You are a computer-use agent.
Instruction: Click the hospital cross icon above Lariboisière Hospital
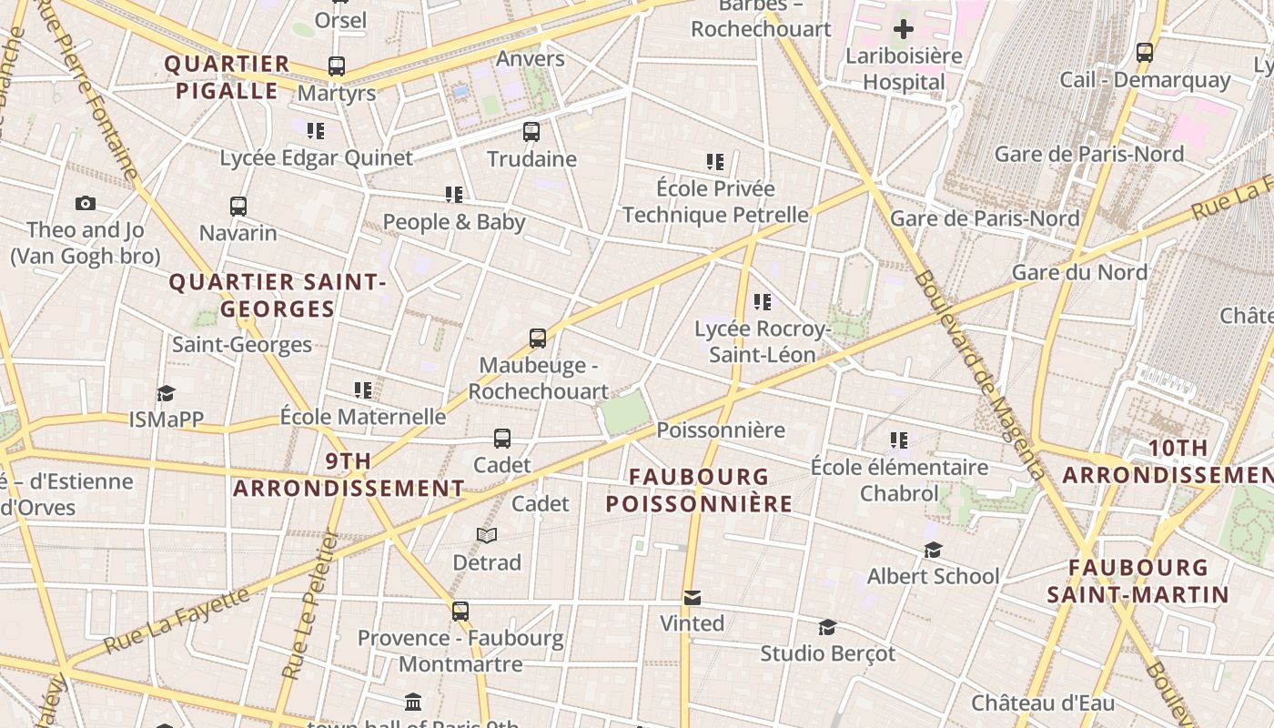(903, 29)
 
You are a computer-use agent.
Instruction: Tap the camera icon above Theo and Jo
(86, 203)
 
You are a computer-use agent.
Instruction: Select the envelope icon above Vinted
(693, 598)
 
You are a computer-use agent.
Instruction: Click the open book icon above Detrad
(487, 535)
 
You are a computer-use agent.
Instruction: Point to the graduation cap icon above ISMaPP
(166, 393)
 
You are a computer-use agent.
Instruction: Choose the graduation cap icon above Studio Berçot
(827, 627)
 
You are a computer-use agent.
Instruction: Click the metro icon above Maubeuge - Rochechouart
(538, 339)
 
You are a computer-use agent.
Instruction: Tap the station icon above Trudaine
(531, 132)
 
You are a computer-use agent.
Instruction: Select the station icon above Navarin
(238, 206)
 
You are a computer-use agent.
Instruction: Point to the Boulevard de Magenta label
(979, 374)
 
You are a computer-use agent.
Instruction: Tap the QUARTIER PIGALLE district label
(227, 77)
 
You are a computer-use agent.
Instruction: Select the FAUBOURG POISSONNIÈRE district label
(699, 490)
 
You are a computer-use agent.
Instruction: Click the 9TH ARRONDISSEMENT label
(349, 475)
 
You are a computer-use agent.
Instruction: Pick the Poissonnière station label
(720, 430)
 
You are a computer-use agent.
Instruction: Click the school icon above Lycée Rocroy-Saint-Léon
(762, 301)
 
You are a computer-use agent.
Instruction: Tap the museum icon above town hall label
(413, 702)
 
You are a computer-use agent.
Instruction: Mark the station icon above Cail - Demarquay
(1145, 53)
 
